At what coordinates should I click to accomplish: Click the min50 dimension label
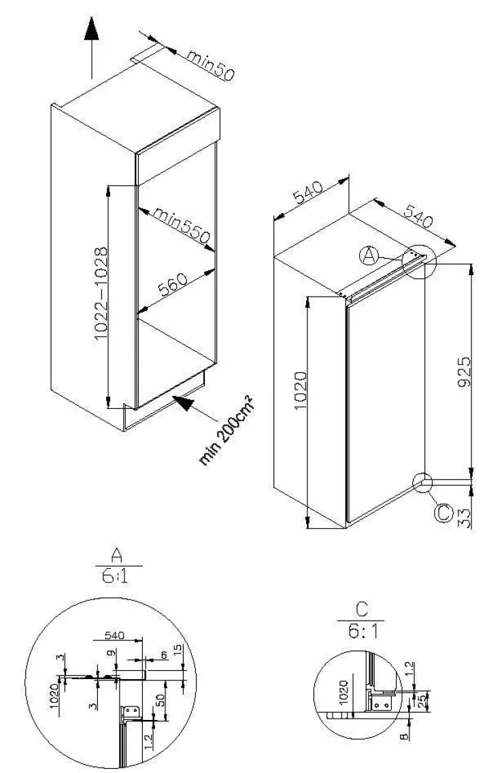210,65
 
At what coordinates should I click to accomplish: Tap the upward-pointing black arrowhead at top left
91,29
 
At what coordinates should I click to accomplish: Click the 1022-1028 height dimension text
101,293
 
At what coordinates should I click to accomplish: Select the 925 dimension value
464,372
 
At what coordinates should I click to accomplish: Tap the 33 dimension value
464,518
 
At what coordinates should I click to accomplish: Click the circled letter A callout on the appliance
369,256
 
